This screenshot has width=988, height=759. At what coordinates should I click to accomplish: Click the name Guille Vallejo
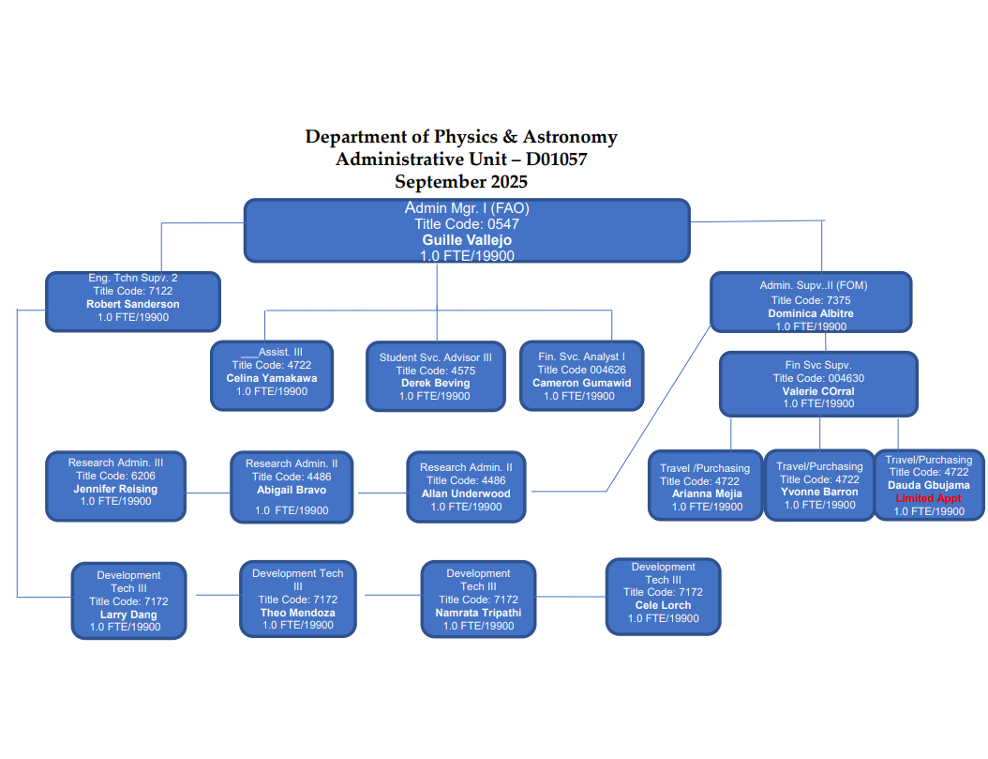(467, 240)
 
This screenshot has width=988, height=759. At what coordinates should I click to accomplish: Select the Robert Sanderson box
(133, 301)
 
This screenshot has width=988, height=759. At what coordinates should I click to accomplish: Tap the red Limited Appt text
(929, 499)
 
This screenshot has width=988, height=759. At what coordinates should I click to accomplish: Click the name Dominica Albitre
(811, 313)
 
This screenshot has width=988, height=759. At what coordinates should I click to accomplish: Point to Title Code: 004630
(818, 378)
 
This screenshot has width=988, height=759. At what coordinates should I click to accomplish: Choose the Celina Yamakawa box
(272, 375)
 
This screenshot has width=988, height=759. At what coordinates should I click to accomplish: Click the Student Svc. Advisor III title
(435, 357)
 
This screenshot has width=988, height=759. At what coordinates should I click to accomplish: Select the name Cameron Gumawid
(581, 383)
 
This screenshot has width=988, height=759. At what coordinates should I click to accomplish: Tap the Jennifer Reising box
(116, 486)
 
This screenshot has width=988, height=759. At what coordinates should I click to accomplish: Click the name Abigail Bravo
(292, 490)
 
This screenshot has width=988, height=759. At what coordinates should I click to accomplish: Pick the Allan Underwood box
(466, 486)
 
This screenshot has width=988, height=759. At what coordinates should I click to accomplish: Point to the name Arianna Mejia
(707, 493)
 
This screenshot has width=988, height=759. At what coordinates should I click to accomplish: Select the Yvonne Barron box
(819, 485)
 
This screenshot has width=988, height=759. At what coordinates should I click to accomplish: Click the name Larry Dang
(128, 615)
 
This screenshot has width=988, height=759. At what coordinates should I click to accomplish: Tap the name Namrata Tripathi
(478, 613)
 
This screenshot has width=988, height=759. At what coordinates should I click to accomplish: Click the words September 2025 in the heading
(461, 181)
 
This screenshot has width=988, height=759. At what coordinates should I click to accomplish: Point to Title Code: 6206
(116, 476)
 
